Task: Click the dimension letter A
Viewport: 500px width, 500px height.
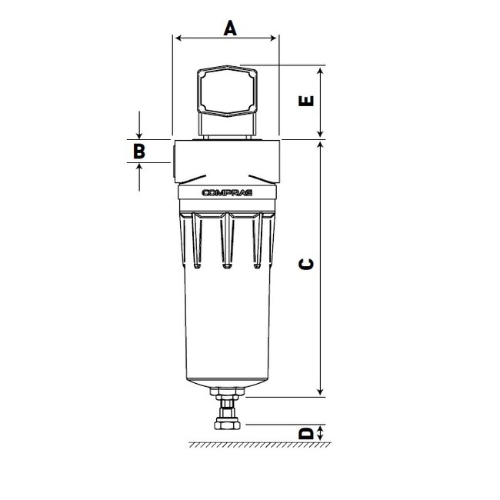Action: (229, 28)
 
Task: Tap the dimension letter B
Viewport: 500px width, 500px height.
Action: (138, 151)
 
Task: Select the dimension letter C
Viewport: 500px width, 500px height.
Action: (306, 264)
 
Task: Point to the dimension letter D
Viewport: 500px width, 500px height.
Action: (306, 434)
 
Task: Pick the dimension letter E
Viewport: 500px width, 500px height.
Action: (306, 102)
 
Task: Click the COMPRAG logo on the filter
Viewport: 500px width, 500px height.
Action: (226, 195)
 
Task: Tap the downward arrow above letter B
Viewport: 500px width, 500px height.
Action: (138, 130)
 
